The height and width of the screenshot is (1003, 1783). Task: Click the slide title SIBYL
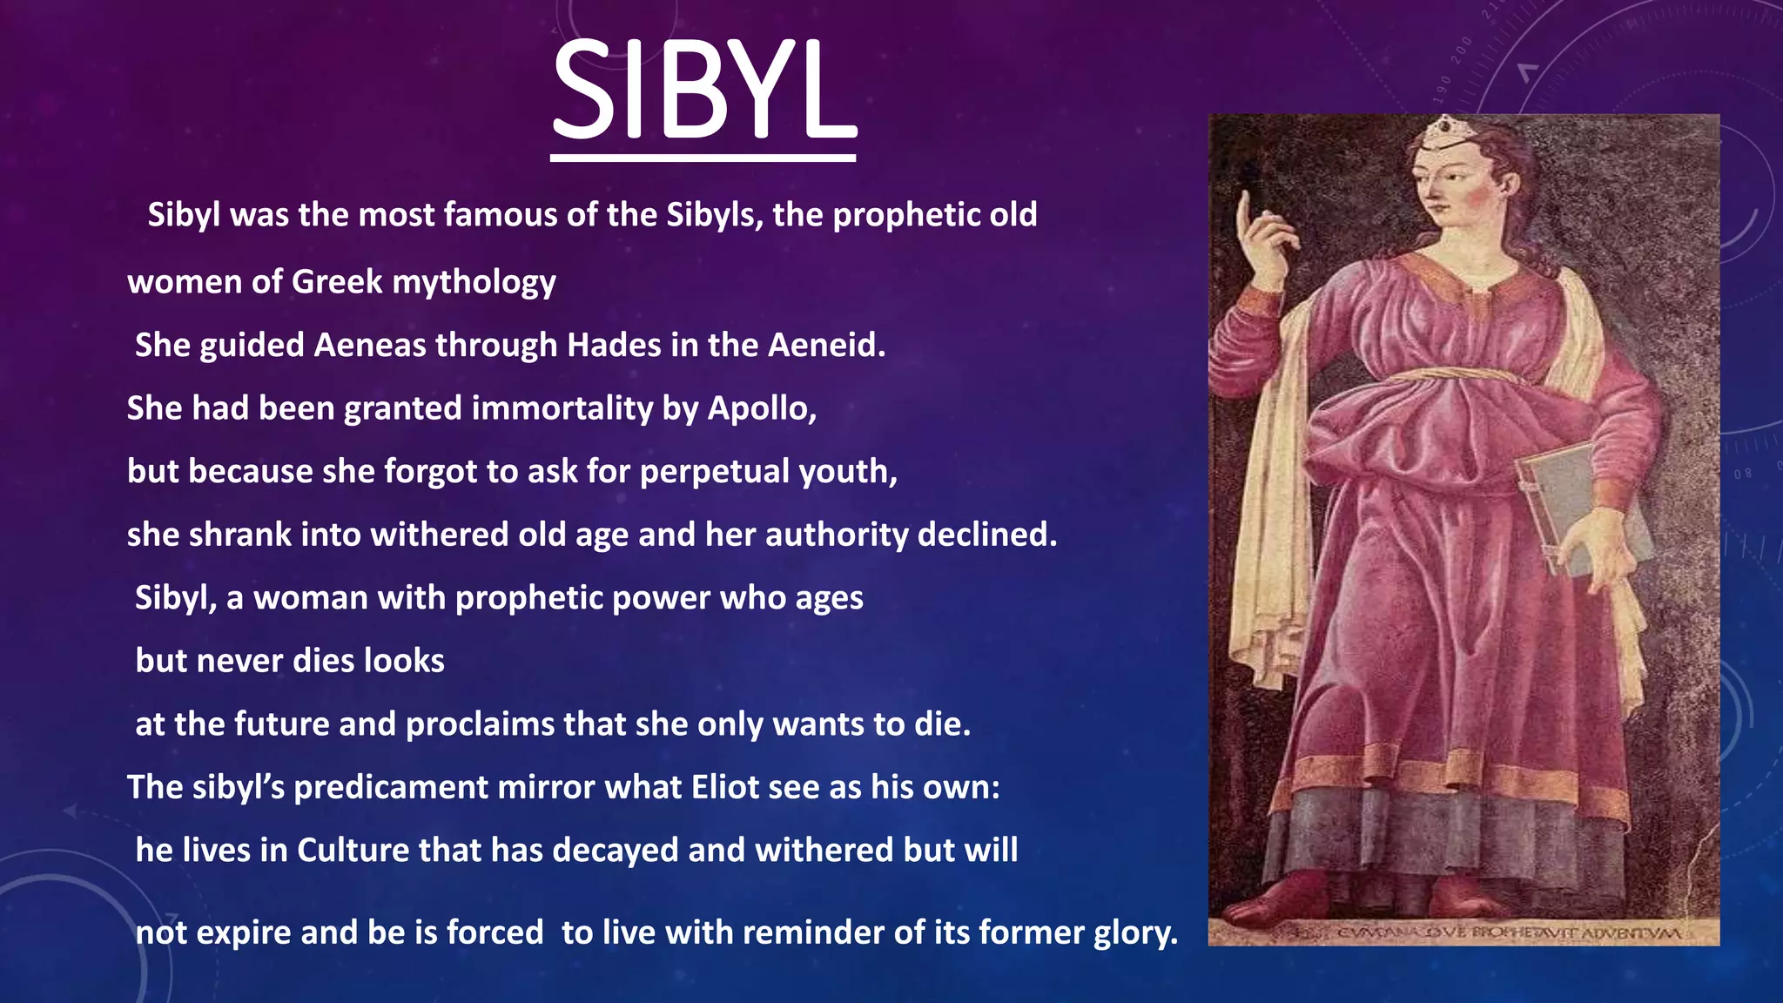pyautogui.click(x=703, y=91)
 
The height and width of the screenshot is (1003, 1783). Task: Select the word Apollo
pyautogui.click(x=759, y=408)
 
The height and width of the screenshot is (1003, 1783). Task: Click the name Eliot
pyautogui.click(x=725, y=787)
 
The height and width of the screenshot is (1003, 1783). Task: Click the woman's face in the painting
pyautogui.click(x=1447, y=183)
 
